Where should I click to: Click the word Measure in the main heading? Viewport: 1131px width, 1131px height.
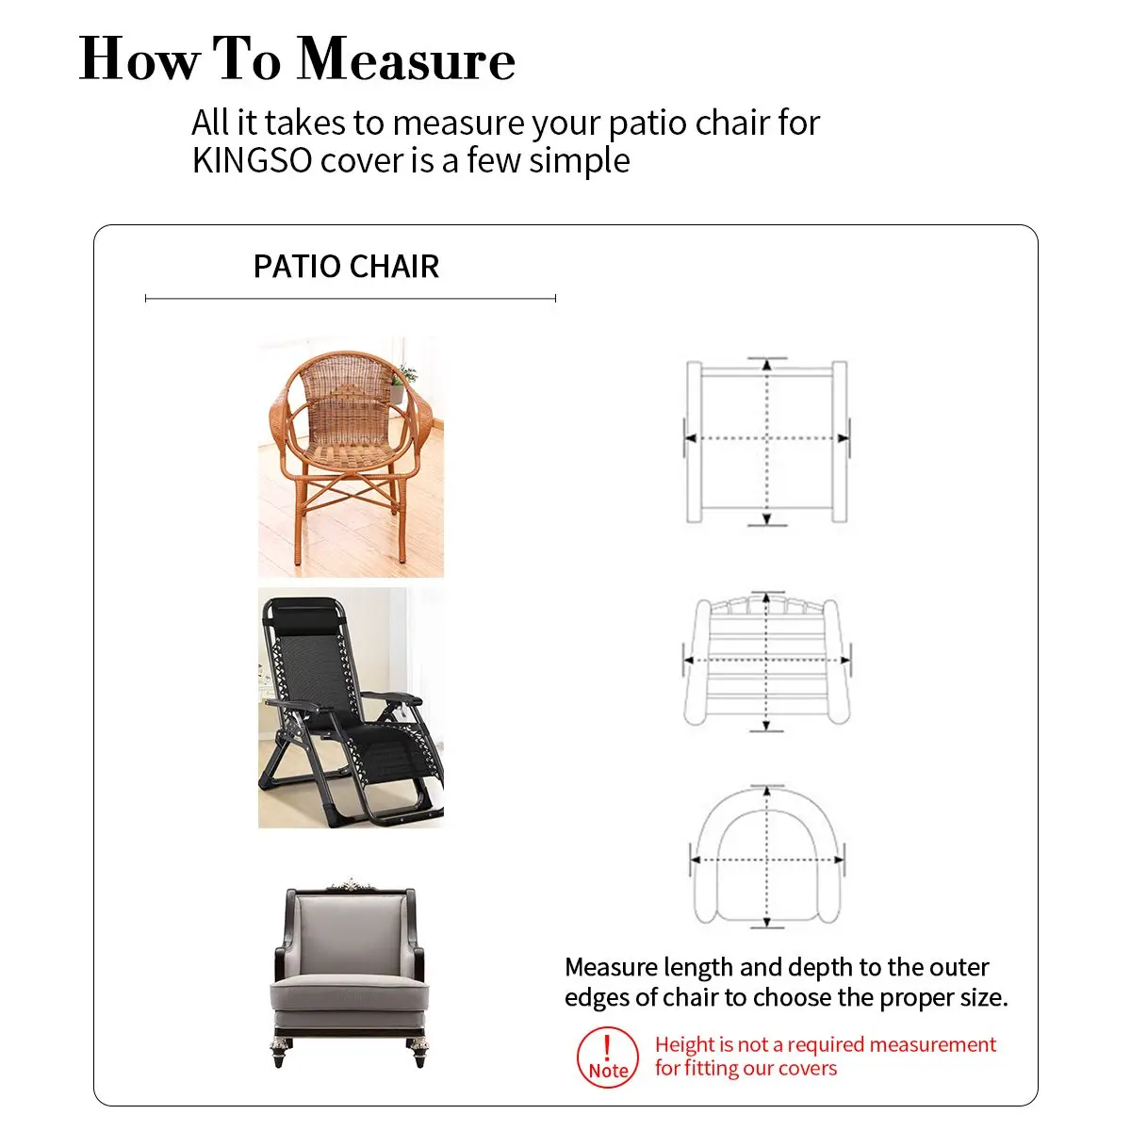406,59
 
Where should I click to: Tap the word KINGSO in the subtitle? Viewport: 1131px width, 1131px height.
252,160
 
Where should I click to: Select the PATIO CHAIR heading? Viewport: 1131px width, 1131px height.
346,266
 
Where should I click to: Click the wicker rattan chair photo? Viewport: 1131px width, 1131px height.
351,456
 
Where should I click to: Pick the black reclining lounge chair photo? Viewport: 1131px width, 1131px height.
351,708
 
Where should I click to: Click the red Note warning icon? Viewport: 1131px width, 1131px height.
608,1057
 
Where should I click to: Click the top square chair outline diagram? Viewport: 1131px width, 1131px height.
766,441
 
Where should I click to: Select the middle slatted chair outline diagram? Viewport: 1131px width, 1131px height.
766,662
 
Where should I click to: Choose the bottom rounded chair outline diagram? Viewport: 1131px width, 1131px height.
766,857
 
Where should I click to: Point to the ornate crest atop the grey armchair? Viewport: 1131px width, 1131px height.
350,884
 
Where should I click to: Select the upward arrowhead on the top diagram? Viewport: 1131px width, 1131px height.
766,365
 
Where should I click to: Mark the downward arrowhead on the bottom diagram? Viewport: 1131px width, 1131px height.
766,922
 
